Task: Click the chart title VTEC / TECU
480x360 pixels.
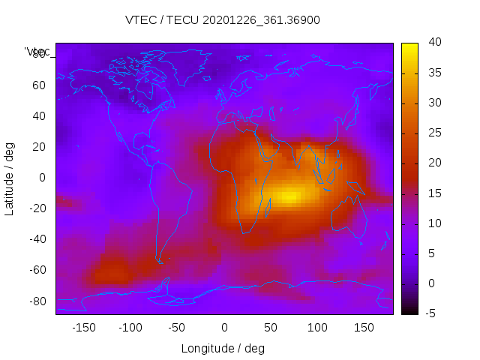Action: click(x=222, y=20)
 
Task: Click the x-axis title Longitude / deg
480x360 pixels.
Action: click(x=223, y=348)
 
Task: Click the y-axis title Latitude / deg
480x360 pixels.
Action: click(x=10, y=178)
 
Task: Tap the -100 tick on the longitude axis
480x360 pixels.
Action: click(x=130, y=328)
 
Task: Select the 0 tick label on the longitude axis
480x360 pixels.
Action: click(x=224, y=328)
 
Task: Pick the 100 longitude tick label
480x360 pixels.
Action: click(x=317, y=328)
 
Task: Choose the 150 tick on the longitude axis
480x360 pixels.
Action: click(x=364, y=328)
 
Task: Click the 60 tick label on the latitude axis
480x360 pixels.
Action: click(x=39, y=85)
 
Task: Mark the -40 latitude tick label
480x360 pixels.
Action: click(x=37, y=239)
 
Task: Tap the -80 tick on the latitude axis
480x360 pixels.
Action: click(x=37, y=301)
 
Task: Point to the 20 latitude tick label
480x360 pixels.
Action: click(x=39, y=147)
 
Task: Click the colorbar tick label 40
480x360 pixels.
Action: click(x=433, y=43)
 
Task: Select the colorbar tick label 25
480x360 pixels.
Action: click(x=433, y=133)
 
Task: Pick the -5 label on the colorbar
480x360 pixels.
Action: click(x=432, y=313)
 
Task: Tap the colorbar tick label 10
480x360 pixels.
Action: click(x=433, y=223)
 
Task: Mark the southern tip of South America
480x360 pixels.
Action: click(x=160, y=260)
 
